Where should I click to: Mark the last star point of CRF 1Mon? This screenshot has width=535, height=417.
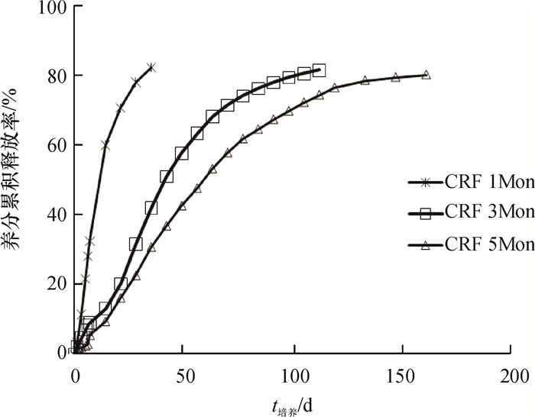[151, 67]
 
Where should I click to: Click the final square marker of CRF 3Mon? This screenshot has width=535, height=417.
[319, 70]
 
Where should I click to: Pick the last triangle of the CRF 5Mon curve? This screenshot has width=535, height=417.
[426, 75]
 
